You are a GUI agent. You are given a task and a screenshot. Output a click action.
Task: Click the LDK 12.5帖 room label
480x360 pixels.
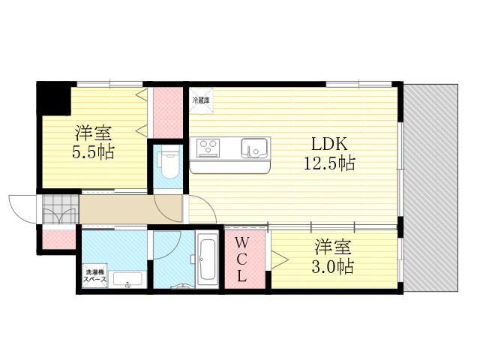[x=329, y=153]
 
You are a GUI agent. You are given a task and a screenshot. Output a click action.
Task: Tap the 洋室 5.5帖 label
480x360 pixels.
[x=93, y=143]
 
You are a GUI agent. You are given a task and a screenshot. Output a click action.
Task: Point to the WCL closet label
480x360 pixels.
[x=241, y=259]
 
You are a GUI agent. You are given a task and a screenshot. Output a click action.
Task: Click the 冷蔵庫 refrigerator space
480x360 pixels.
[x=201, y=100]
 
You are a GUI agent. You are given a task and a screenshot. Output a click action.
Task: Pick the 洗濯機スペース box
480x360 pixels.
[x=95, y=275]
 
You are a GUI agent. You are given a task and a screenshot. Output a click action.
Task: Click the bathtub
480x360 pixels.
[x=208, y=260]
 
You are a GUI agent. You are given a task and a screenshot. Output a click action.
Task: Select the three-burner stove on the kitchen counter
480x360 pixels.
[x=208, y=147]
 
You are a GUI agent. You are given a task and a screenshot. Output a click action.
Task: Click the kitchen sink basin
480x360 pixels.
[x=254, y=148]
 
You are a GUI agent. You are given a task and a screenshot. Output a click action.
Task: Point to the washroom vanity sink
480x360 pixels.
[x=127, y=280]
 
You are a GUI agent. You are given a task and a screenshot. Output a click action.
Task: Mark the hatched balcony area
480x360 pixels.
[x=430, y=188]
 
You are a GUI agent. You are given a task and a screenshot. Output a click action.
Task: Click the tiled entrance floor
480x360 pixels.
[x=61, y=209]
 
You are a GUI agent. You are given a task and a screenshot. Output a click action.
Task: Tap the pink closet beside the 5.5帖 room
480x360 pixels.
[x=168, y=112]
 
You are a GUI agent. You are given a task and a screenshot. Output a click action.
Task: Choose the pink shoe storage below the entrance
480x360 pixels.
[x=58, y=239]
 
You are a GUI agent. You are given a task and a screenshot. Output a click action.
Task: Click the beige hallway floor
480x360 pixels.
[x=130, y=210]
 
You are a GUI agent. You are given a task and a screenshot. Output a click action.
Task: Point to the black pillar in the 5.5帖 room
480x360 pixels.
[x=53, y=98]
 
